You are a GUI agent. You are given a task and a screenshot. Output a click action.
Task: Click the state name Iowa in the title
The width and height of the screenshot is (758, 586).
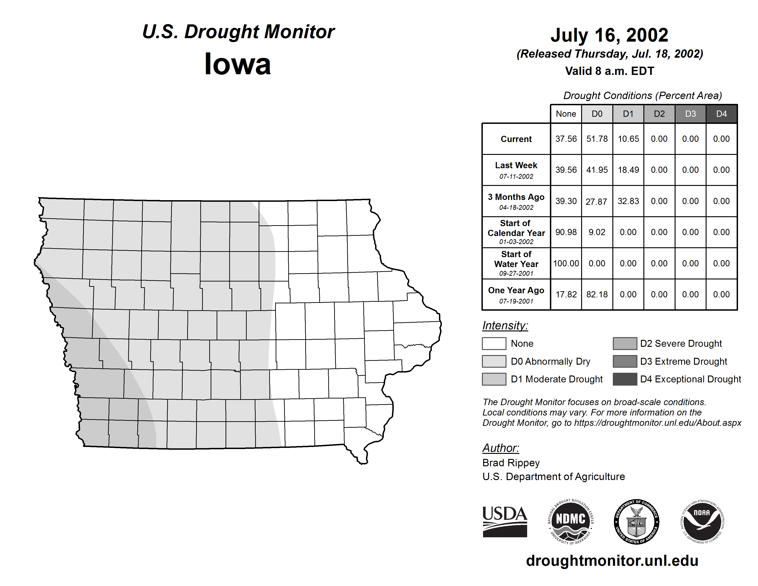tap(238, 64)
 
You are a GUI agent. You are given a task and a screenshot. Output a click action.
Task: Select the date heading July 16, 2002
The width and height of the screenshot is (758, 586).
tap(609, 35)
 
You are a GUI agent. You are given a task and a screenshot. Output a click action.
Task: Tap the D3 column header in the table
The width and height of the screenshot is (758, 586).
tap(690, 114)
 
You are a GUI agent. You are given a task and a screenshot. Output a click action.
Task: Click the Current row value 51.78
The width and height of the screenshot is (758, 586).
tap(597, 139)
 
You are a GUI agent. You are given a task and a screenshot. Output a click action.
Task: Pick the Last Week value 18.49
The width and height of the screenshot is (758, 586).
tap(628, 170)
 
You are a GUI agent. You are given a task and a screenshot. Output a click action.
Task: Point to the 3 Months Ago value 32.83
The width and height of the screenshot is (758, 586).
tap(628, 201)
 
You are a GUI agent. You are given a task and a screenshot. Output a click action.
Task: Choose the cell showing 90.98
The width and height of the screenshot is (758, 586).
tap(566, 232)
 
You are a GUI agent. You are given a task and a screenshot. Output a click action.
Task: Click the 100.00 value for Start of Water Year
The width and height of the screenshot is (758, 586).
tap(566, 263)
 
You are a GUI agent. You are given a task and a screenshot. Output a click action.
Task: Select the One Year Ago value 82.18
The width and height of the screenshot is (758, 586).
tap(597, 294)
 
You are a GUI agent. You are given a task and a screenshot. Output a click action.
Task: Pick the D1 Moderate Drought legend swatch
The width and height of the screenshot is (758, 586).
tap(494, 379)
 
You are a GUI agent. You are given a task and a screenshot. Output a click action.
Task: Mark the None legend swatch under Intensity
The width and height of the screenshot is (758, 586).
tap(494, 343)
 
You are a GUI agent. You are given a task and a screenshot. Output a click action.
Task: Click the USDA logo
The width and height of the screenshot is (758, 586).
tap(505, 521)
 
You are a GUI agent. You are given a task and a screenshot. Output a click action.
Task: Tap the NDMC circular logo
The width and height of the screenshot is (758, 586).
tap(571, 521)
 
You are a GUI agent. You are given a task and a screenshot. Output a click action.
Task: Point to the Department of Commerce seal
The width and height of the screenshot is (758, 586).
tap(636, 521)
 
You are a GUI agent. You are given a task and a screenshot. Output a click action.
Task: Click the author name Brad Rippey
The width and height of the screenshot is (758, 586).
tap(511, 463)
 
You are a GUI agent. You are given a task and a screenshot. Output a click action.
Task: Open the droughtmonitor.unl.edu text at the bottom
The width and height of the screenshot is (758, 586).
tap(612, 561)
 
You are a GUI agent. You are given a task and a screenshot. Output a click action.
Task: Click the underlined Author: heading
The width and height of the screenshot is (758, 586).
tap(501, 448)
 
